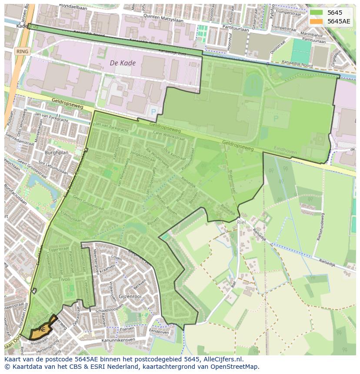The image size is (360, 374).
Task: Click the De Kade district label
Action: pos(123,63)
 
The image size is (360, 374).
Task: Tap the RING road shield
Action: pos(22,52)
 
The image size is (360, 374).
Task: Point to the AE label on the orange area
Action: pos(42,330)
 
